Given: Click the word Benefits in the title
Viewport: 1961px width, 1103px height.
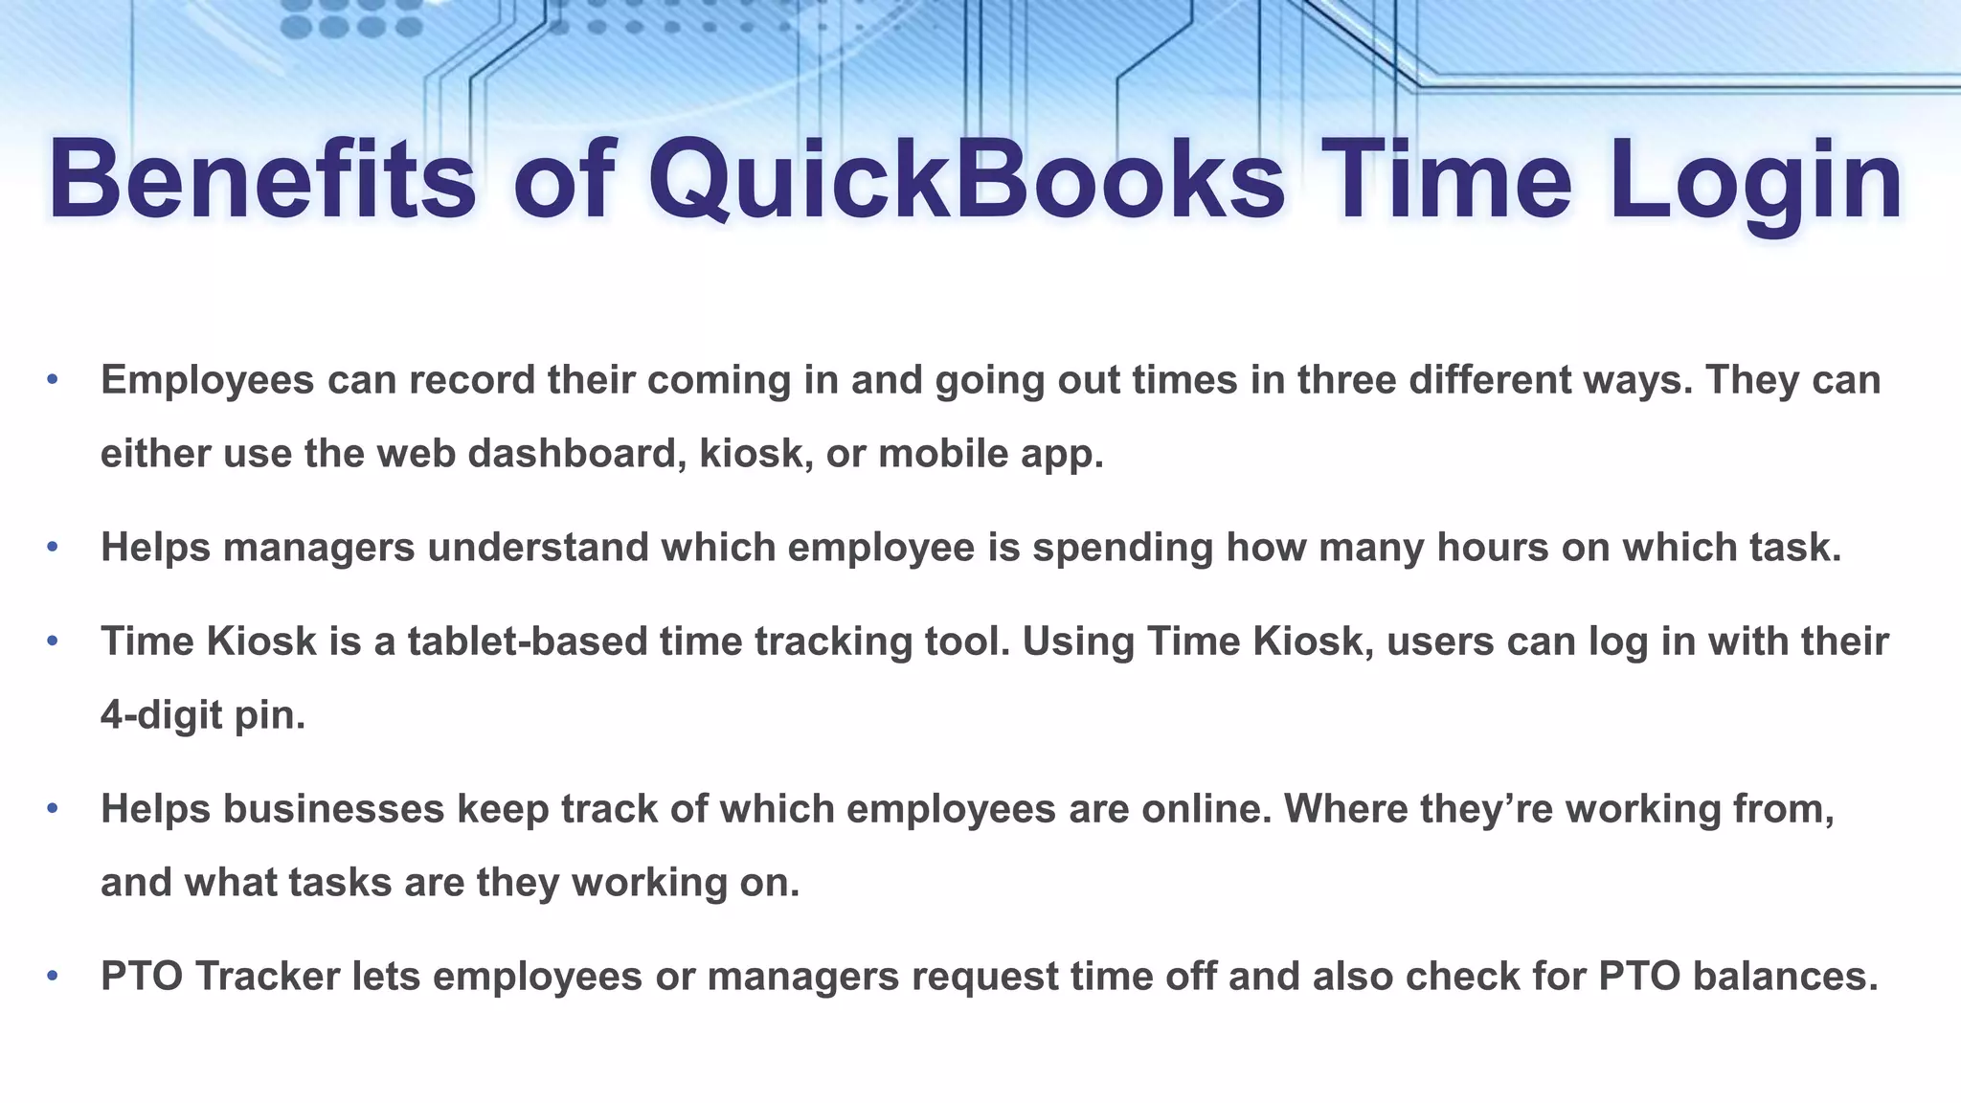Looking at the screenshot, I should click(261, 180).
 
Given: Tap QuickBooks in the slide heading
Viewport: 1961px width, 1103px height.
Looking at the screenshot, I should click(967, 180).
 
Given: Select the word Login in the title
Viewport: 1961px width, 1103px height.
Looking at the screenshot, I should click(1756, 180).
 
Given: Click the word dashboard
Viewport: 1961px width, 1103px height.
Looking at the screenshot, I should click(576, 453).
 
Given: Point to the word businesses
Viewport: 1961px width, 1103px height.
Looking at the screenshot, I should click(334, 808).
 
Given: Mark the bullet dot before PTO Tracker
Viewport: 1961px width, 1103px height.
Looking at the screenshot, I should click(53, 976).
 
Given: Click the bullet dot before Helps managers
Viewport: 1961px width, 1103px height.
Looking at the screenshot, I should click(53, 547).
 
